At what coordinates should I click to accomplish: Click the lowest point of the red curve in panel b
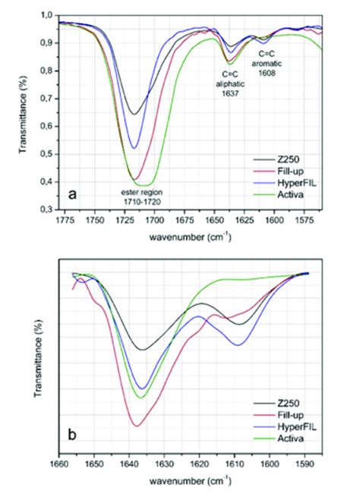click(x=137, y=426)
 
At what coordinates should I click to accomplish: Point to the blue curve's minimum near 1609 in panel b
click(x=238, y=345)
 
